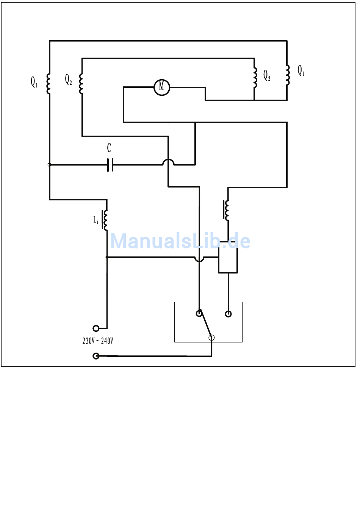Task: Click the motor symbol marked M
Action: click(x=162, y=88)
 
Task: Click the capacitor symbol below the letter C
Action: click(x=110, y=165)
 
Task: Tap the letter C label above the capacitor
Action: click(x=109, y=148)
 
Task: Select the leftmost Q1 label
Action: click(x=34, y=82)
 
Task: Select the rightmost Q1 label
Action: click(x=301, y=71)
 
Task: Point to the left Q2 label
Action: click(x=68, y=80)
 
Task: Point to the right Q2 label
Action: click(x=267, y=75)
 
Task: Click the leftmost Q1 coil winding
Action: click(x=49, y=84)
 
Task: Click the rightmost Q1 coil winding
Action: click(x=288, y=75)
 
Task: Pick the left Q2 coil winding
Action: click(x=81, y=84)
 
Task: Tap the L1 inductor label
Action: click(x=96, y=220)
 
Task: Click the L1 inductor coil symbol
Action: click(x=105, y=220)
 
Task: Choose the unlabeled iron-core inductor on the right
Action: click(x=227, y=210)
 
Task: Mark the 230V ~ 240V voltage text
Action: click(x=98, y=341)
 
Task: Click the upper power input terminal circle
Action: click(x=96, y=328)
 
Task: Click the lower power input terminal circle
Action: click(x=96, y=356)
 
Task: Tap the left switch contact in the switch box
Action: click(x=199, y=314)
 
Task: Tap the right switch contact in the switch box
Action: click(x=228, y=314)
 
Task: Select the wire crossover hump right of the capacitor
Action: click(x=168, y=162)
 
